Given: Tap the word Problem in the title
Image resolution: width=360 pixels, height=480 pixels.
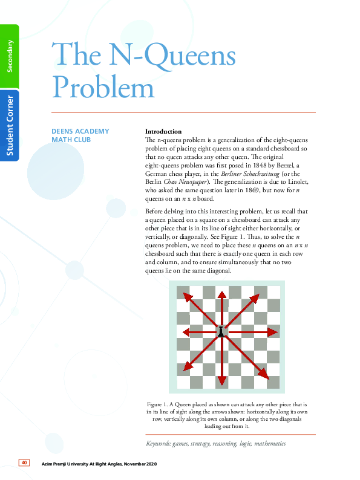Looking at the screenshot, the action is (103, 86).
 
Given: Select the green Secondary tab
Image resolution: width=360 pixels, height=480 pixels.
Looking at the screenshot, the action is (10, 55).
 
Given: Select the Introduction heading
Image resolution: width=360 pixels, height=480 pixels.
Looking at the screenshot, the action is (163, 131).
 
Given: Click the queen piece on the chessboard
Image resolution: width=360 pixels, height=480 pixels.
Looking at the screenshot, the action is (221, 331).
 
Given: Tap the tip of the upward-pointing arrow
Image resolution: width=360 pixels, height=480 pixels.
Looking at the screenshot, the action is (221, 292).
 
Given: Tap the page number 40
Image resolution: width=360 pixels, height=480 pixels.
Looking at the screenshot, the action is (24, 463).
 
